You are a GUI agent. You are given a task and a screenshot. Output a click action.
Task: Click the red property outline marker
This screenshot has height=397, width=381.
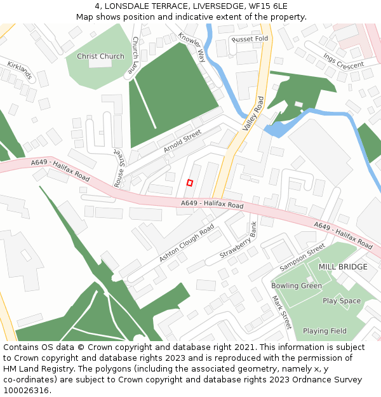pos(189,183)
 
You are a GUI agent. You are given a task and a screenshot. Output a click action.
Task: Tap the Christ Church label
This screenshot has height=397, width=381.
pos(101,57)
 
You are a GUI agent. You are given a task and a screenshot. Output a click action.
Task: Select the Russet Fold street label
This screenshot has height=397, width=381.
pos(250,39)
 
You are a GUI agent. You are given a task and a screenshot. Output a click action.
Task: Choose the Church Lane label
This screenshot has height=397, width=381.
pos(133,55)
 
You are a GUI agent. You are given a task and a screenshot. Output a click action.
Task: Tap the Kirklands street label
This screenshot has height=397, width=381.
pos(20,71)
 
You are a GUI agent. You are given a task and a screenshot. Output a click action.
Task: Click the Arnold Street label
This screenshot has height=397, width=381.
pos(182,141)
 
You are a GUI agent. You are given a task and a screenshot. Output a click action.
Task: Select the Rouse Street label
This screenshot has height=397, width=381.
pos(118,168)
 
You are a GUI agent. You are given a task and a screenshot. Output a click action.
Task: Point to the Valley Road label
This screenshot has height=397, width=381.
pos(253,114)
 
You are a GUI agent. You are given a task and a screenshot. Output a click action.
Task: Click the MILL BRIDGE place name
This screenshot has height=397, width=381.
pos(343,267)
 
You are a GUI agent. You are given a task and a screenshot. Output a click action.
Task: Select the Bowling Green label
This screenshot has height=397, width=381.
pos(297,286)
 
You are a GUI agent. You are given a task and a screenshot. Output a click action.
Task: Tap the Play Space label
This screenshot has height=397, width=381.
pos(342,301)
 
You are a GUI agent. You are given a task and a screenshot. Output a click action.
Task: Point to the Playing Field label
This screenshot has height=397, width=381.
pos(324,331)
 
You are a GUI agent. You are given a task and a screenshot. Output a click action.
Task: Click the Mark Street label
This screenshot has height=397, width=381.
pos(281,311)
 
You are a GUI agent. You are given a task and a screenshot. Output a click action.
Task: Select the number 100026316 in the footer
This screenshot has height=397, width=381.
pos(27,391)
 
